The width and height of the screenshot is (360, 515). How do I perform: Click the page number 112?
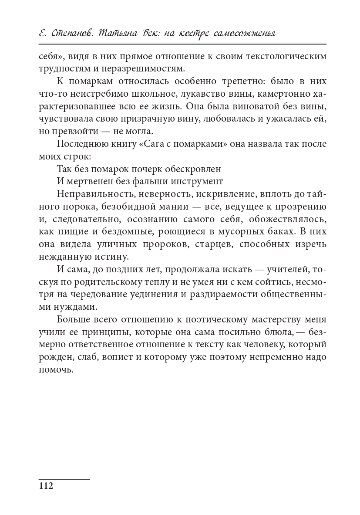46,486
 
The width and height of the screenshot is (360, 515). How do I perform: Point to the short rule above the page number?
64,479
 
